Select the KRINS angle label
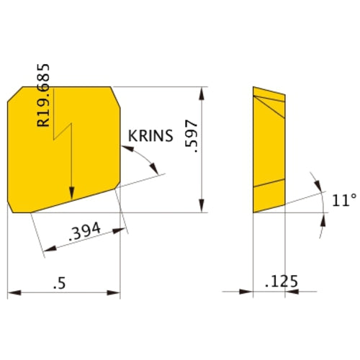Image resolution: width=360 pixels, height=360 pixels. [x=150, y=136]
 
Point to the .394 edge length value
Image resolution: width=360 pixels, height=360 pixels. [x=84, y=233]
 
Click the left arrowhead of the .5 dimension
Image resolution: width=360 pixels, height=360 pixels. [x=12, y=292]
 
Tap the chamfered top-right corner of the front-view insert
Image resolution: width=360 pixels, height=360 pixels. [x=115, y=94]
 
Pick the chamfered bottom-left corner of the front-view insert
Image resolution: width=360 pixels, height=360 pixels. [x=14, y=207]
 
